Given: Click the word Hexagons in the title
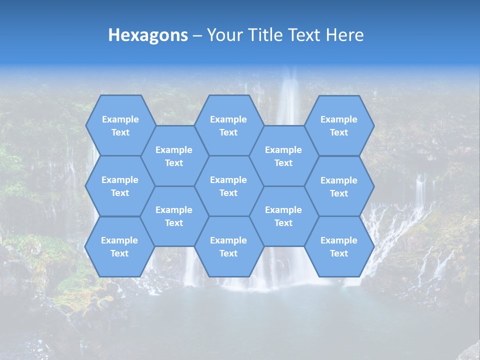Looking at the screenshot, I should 148,35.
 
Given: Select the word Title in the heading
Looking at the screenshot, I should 264,35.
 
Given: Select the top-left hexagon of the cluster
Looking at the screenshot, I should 120,125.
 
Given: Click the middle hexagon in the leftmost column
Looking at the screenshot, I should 120,186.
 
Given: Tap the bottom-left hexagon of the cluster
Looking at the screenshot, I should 119,246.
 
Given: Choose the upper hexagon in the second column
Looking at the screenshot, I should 174,156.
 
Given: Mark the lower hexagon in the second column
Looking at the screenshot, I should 174,216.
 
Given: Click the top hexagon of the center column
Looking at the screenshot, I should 228,125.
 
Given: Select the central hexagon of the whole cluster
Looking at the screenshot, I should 228,186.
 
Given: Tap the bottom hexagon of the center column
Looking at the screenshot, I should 228,246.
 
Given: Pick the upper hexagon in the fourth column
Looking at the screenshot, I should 283,156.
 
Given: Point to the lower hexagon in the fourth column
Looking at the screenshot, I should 283,216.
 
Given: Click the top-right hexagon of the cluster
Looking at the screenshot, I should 339,125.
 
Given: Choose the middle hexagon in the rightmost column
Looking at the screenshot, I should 339,186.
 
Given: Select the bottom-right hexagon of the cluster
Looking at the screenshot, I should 339,246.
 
